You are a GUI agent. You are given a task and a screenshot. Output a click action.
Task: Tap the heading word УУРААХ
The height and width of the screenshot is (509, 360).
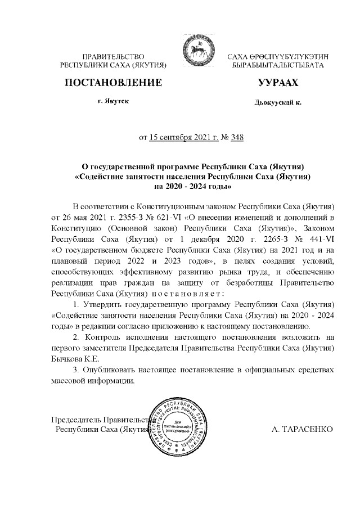tap(277, 83)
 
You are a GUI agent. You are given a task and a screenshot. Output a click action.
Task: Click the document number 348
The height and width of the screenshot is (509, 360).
tap(237, 137)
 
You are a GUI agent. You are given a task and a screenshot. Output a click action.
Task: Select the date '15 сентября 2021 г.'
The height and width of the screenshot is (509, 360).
tap(183, 137)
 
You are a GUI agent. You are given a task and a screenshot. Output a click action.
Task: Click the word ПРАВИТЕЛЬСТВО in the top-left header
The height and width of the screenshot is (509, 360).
tap(113, 58)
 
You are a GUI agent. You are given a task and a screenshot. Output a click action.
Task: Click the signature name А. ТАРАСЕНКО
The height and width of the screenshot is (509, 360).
tap(303, 429)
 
